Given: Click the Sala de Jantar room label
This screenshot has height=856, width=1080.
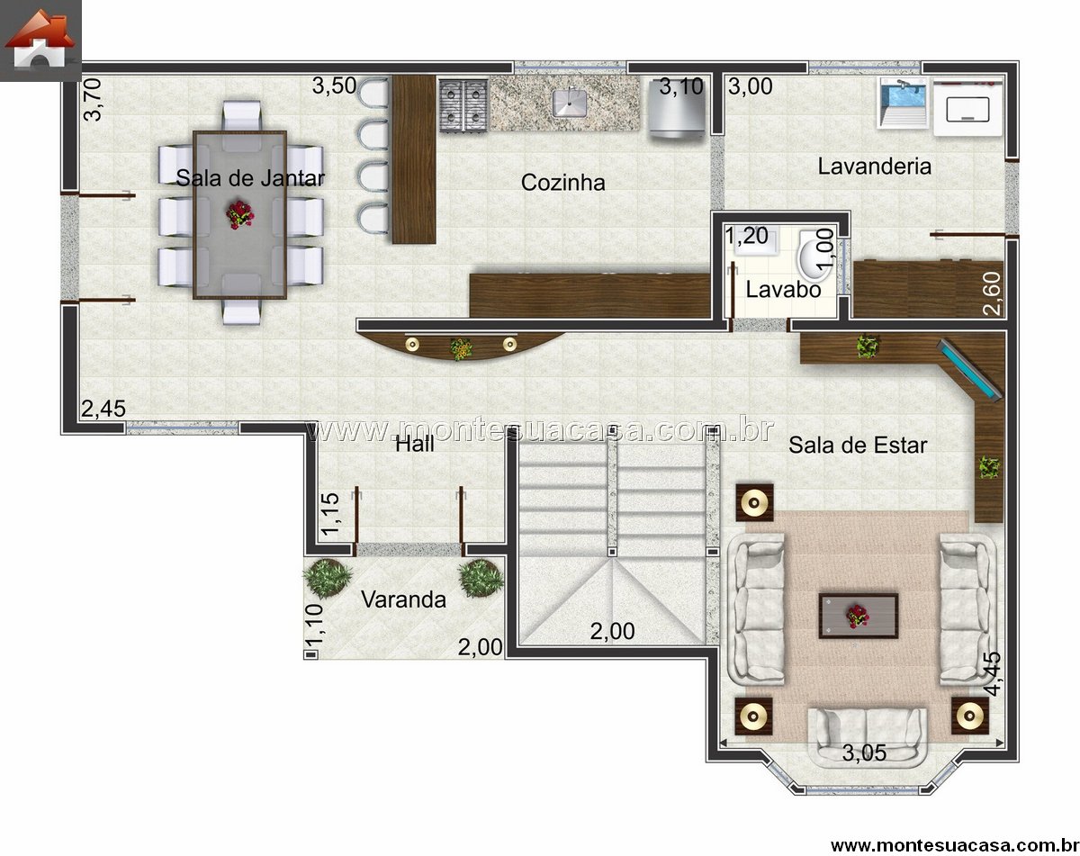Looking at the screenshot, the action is click(250, 178).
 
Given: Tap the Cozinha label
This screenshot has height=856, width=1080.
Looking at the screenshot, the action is click(562, 182).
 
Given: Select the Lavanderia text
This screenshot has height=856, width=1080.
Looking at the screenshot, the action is click(874, 167).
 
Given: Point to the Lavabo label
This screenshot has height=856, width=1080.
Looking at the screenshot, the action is click(783, 289).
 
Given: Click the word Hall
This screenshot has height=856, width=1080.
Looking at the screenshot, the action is click(415, 445).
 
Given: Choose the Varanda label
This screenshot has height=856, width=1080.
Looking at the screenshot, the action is click(403, 599).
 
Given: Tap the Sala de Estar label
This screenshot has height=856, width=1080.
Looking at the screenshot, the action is click(858, 446).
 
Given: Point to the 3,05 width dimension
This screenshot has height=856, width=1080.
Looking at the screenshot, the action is click(864, 752).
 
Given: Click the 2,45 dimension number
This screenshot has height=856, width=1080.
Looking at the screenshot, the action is click(103, 409).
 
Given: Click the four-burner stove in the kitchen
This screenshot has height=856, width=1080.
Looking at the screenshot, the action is click(463, 105).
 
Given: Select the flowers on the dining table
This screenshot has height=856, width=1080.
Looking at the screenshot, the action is click(240, 214).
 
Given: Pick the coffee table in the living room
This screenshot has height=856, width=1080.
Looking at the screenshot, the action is click(859, 616).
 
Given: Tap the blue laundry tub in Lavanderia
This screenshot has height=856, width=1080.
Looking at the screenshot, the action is click(904, 103).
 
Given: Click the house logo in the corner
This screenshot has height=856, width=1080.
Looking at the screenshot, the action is click(40, 41).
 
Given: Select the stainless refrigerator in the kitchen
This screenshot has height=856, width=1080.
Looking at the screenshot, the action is click(677, 108).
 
